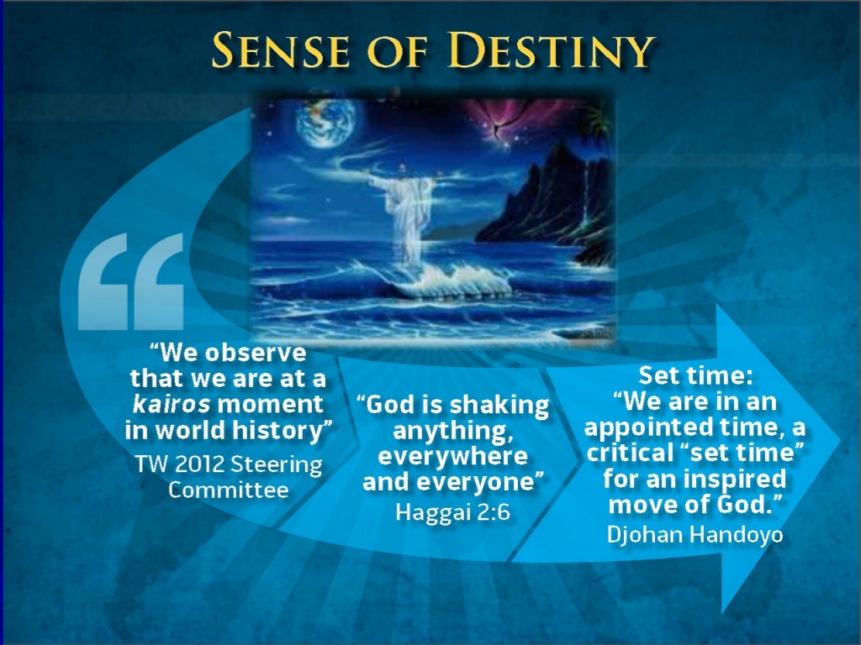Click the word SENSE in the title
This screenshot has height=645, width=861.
[281, 50]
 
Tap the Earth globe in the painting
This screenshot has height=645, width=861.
[325, 123]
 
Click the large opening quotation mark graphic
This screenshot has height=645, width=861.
[131, 281]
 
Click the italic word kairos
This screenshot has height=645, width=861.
[172, 404]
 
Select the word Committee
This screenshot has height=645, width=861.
[228, 490]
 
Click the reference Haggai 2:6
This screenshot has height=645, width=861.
[453, 512]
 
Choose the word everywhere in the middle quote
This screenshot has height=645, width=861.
[453, 456]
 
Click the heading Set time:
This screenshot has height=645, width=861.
[695, 375]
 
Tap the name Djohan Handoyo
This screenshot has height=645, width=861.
[695, 534]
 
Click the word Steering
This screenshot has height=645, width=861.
[276, 465]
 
